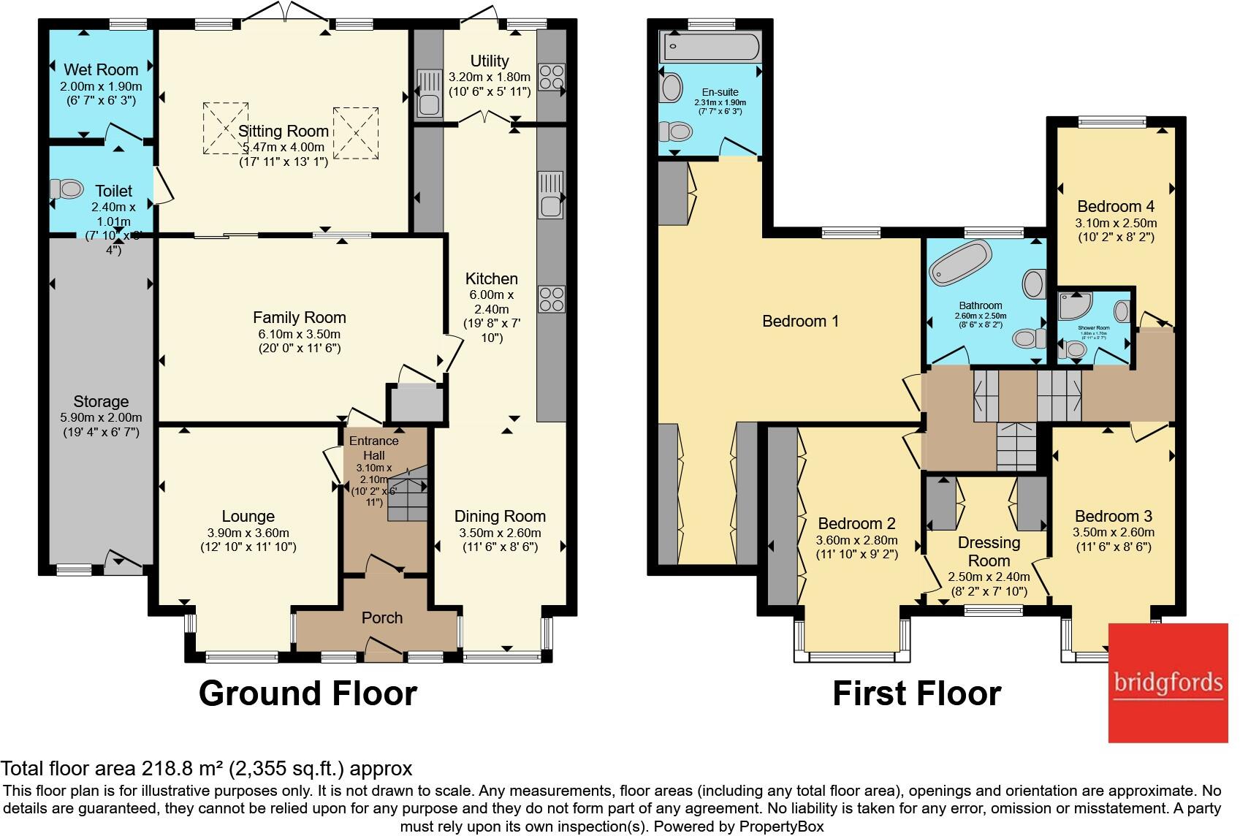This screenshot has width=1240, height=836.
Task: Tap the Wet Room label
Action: tap(101, 69)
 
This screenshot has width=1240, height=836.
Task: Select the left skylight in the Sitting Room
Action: tap(226, 128)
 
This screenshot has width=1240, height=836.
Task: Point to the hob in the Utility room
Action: tap(552, 77)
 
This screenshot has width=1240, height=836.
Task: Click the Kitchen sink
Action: tap(551, 195)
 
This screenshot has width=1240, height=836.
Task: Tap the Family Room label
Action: tap(299, 317)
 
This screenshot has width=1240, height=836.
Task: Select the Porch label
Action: tap(382, 617)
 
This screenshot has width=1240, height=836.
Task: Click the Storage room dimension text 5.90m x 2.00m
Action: tap(101, 417)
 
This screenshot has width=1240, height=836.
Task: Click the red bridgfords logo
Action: tap(1168, 683)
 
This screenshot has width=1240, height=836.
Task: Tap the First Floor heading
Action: tap(916, 693)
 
